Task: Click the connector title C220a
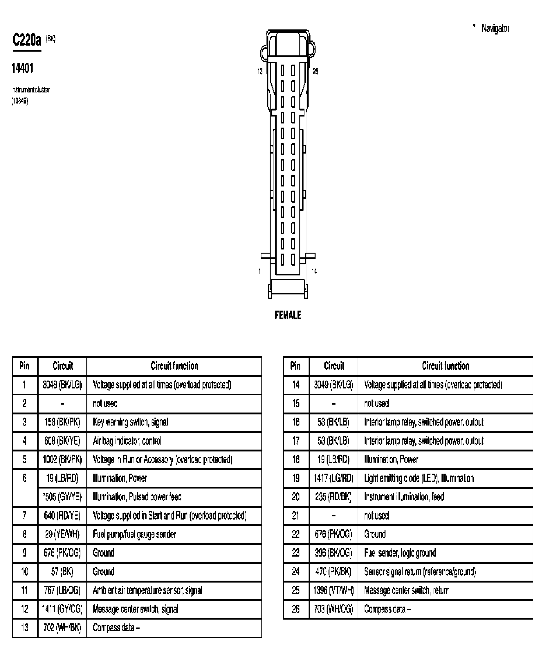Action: (x=27, y=41)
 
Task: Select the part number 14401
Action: (x=22, y=68)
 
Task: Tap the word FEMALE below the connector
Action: (x=288, y=315)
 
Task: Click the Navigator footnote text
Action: (x=495, y=28)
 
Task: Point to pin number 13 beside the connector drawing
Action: (x=260, y=72)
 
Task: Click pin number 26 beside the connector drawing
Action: (x=315, y=72)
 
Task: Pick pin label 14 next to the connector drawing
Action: (x=314, y=271)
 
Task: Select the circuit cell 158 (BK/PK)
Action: (x=62, y=422)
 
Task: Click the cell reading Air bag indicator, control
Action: (x=127, y=441)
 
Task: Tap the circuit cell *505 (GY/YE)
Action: (x=62, y=497)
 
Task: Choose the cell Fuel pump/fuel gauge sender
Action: (x=135, y=534)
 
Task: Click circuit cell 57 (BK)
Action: (x=62, y=571)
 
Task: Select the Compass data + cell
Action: (x=116, y=627)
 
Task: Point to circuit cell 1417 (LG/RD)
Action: (x=333, y=478)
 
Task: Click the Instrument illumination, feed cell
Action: (x=404, y=497)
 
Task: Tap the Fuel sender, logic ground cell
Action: (x=400, y=553)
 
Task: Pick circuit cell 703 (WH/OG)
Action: (x=333, y=609)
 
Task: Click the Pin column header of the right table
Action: (x=296, y=366)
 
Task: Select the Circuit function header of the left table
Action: (x=174, y=366)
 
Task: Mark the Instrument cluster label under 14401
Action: (x=30, y=90)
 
